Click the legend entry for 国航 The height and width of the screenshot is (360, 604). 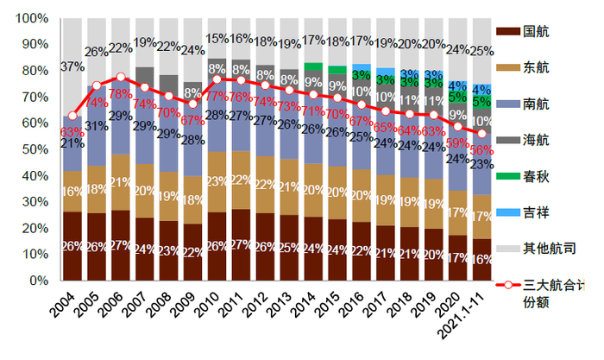532,32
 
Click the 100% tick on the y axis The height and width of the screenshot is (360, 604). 30,18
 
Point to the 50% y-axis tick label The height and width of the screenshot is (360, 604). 33,149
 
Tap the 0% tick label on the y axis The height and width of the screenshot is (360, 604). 38,281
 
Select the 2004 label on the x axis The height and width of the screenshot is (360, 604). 63,304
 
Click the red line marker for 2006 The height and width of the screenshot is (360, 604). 121,77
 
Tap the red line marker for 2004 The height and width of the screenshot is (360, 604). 72,116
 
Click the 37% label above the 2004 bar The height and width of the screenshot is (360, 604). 72,66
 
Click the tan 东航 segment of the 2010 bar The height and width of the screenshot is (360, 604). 217,182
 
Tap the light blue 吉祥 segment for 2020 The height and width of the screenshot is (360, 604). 459,86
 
